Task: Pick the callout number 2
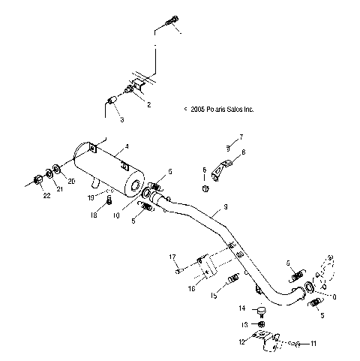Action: click(x=148, y=104)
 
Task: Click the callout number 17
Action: click(x=172, y=257)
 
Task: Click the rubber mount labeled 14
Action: click(x=262, y=311)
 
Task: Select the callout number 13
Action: click(x=242, y=324)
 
